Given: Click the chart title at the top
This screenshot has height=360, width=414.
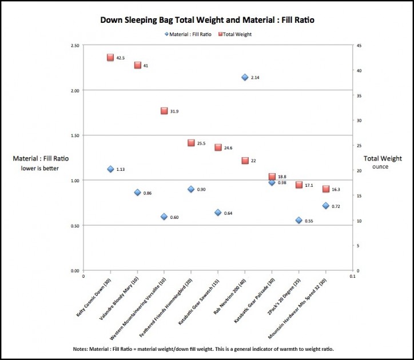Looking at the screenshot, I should [207, 19].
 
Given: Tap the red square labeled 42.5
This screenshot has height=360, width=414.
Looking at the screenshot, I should [110, 58].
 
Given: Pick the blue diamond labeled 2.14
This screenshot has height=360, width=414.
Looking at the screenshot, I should [245, 77].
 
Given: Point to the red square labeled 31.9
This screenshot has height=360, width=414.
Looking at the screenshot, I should [164, 111].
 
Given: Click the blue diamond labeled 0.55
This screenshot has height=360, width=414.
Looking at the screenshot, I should [298, 220].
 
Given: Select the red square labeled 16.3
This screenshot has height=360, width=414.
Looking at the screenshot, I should [325, 189].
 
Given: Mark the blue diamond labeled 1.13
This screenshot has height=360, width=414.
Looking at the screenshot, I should [110, 169].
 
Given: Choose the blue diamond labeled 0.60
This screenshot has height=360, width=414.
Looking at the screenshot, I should [164, 217].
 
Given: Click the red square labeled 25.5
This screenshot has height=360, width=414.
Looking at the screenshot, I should [191, 143].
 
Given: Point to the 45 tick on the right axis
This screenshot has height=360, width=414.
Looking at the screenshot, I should [357, 46].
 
